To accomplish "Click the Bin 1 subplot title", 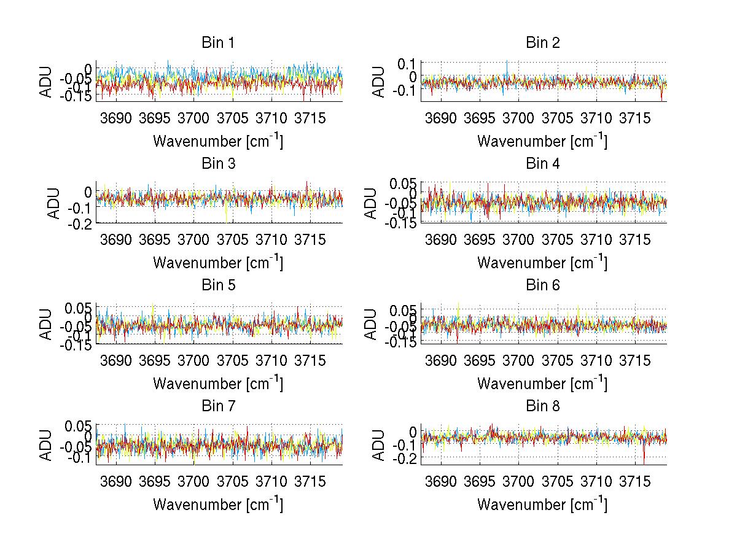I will (x=218, y=43).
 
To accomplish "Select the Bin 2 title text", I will (x=542, y=43).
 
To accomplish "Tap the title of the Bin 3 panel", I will (x=218, y=164).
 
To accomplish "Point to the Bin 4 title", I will (x=542, y=164).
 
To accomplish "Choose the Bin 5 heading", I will (x=218, y=285).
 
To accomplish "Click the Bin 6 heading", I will (x=542, y=285).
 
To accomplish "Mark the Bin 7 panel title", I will (x=218, y=406).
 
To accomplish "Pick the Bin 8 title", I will (x=542, y=406).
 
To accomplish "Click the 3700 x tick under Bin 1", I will (x=193, y=118).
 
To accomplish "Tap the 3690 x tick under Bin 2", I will (x=440, y=118).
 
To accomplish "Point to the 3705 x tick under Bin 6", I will (x=558, y=360).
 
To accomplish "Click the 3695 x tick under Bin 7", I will (x=155, y=481).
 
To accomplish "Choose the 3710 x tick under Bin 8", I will (x=596, y=481).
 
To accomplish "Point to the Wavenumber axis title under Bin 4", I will (x=542, y=263).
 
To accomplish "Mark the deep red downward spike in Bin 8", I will (x=644, y=457).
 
